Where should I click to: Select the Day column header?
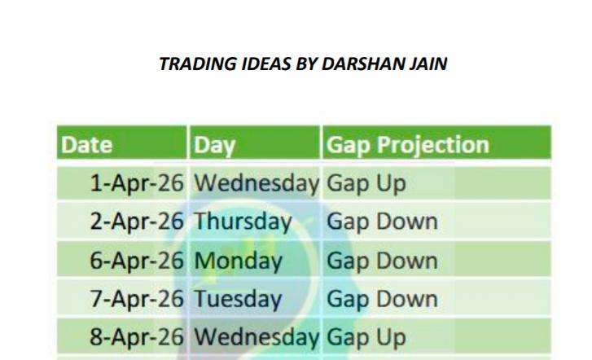[x=214, y=145]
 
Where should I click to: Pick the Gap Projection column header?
[x=407, y=145]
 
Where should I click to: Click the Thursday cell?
[x=242, y=222]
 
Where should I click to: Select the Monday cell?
[x=238, y=261]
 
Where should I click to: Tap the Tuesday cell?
[x=239, y=299]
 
